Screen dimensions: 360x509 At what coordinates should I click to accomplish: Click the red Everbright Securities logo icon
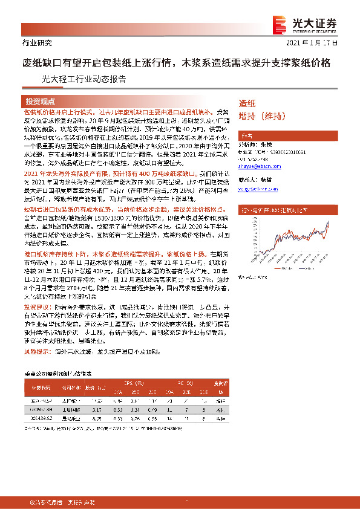[281, 24]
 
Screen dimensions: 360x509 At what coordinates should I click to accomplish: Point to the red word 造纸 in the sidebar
[247, 103]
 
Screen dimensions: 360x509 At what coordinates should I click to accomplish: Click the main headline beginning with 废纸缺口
[176, 63]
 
